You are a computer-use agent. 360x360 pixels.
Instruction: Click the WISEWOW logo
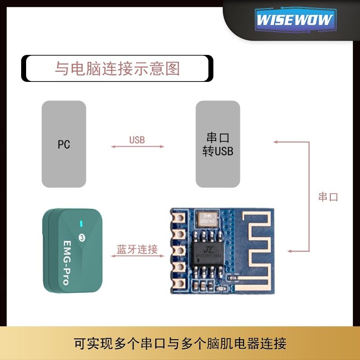click(x=295, y=20)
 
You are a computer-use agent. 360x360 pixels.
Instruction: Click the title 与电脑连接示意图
click(x=117, y=68)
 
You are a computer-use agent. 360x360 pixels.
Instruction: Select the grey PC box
click(x=64, y=144)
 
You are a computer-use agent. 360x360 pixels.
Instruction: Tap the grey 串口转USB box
click(x=218, y=144)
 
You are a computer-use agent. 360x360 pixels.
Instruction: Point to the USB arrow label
click(x=137, y=140)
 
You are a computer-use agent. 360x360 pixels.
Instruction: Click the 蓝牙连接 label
click(x=137, y=249)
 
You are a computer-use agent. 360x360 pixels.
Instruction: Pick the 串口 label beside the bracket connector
click(x=328, y=197)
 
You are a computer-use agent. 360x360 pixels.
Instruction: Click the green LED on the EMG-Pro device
click(x=81, y=224)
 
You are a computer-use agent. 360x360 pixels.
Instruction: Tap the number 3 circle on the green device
click(x=82, y=237)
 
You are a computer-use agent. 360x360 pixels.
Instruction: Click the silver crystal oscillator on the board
click(x=206, y=219)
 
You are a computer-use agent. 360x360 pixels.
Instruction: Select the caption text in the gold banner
click(x=180, y=344)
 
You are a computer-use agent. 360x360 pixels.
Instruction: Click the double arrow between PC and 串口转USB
click(x=138, y=147)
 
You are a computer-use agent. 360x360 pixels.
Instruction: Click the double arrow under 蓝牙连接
click(x=138, y=256)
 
